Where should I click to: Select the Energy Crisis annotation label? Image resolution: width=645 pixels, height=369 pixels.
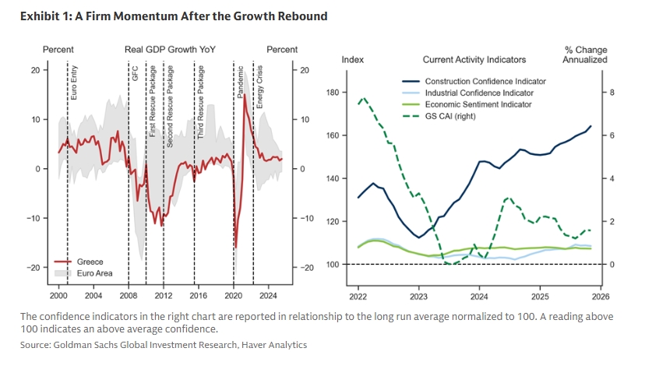tap(259, 85)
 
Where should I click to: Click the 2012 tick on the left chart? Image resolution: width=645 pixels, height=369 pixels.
tap(164, 296)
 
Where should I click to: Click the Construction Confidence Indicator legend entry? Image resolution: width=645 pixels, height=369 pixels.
tap(485, 81)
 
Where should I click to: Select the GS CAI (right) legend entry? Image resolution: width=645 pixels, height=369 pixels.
tap(450, 116)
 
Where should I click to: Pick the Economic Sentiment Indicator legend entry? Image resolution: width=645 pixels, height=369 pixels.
tap(478, 104)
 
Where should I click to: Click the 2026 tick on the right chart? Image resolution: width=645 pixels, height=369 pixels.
tap(601, 296)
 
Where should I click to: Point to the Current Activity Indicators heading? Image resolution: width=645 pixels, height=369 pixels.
tap(474, 59)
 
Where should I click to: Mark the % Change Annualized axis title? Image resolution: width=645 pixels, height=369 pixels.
tap(586, 54)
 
